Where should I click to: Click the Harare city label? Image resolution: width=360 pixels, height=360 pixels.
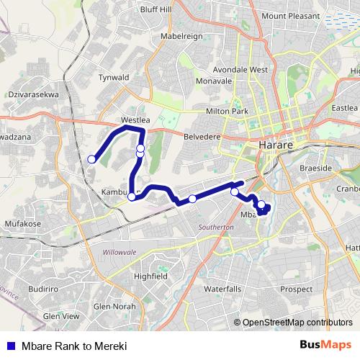click(x=274, y=145)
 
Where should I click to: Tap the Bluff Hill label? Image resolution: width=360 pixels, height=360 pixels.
click(x=156, y=9)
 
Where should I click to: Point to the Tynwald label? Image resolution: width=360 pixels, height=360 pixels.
click(x=113, y=77)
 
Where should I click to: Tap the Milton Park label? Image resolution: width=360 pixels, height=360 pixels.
click(x=228, y=111)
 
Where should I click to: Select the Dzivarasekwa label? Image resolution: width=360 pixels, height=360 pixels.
click(x=34, y=94)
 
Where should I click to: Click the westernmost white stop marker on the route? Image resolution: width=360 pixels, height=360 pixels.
click(x=91, y=159)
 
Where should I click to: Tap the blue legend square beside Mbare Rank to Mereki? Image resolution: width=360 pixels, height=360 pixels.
click(x=11, y=346)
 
